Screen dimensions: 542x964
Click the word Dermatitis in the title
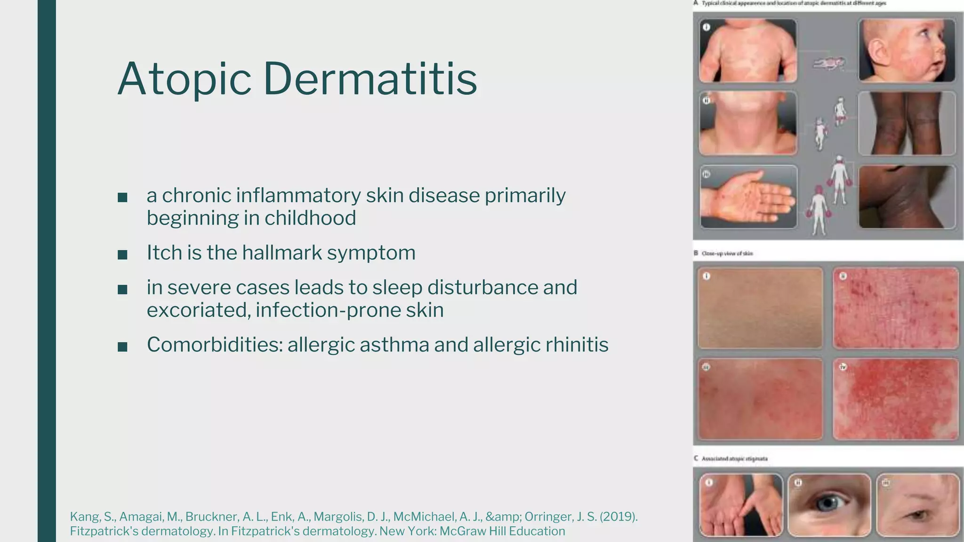pyautogui.click(x=370, y=79)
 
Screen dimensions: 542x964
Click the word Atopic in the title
pyautogui.click(x=184, y=79)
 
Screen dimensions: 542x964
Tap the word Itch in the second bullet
pyautogui.click(x=164, y=253)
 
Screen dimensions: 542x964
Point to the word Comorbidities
pyautogui.click(x=214, y=345)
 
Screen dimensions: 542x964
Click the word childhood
pyautogui.click(x=310, y=218)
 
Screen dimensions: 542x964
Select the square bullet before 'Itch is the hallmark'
pyautogui.click(x=122, y=255)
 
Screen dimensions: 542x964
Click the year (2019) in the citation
pyautogui.click(x=618, y=517)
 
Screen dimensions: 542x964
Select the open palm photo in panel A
pyautogui.click(x=747, y=197)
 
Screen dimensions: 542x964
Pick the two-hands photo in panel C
pyautogui.click(x=740, y=505)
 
